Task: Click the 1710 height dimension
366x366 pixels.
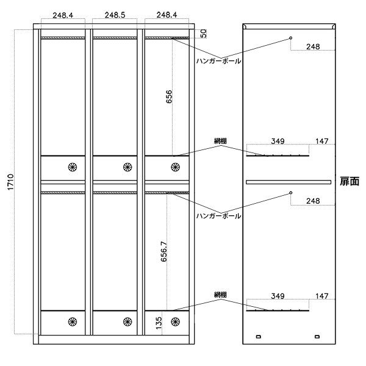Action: [11, 182]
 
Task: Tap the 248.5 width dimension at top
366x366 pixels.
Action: [115, 15]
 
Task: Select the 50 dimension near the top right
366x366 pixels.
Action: [203, 34]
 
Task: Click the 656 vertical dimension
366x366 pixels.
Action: [169, 96]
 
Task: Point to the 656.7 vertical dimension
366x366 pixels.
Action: [164, 251]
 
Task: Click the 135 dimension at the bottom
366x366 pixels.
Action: [159, 323]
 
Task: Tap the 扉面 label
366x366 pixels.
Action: [350, 181]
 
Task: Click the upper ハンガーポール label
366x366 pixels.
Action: [218, 61]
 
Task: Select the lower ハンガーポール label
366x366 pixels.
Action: [218, 216]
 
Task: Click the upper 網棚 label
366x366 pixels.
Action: [220, 141]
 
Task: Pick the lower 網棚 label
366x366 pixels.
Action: [220, 295]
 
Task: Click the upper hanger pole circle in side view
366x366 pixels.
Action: [291, 38]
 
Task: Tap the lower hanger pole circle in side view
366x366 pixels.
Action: [291, 193]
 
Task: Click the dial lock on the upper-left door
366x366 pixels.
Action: [73, 167]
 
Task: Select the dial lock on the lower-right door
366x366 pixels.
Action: [175, 321]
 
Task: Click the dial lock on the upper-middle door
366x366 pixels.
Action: [127, 167]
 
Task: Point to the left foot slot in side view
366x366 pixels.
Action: [259, 337]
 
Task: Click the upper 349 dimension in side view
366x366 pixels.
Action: [278, 142]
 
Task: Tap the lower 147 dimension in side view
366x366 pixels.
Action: [322, 296]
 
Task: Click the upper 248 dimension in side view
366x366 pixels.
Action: [313, 47]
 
